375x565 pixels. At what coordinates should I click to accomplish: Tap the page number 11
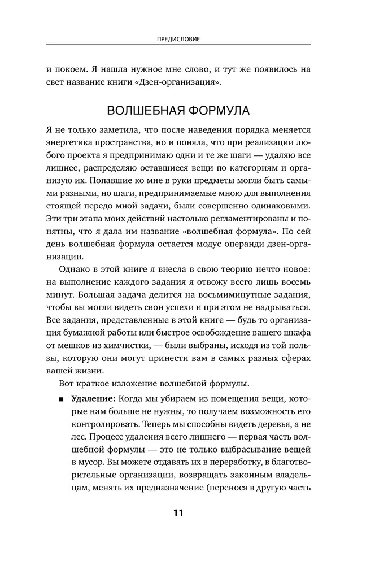click(178, 513)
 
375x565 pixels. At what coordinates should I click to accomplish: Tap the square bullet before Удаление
click(60, 399)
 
